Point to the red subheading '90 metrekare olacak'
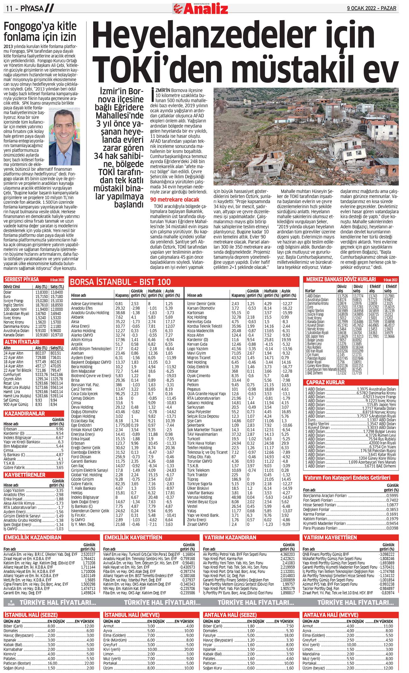click(175, 199)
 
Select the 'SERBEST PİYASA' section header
click(22, 279)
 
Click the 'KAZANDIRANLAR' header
click(25, 413)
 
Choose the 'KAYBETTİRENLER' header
click(25, 475)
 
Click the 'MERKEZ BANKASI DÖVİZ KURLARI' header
click(341, 279)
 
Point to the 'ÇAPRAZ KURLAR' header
click(325, 382)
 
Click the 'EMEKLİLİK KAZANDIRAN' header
click(33, 538)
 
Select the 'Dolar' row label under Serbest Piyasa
click(8, 292)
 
